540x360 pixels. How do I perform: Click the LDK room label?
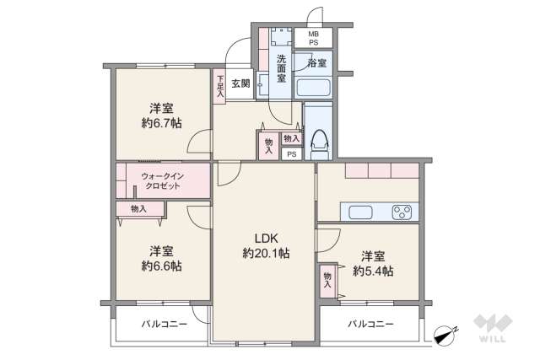click(x=266, y=238)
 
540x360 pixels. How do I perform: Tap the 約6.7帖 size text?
click(x=161, y=123)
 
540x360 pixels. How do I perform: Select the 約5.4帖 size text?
click(x=373, y=271)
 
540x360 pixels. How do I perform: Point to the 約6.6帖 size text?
click(x=161, y=266)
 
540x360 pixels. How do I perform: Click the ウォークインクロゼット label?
click(x=163, y=181)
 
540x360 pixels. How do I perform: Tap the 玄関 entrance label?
click(x=240, y=83)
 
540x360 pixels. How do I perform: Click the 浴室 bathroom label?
click(x=317, y=63)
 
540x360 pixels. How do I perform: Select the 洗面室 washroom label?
click(x=282, y=67)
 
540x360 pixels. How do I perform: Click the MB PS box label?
click(x=313, y=38)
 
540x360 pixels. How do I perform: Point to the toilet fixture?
click(x=319, y=144)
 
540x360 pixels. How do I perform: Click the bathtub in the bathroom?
click(x=314, y=88)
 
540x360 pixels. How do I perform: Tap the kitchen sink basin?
click(x=360, y=212)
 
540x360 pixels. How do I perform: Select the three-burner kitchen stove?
click(x=402, y=212)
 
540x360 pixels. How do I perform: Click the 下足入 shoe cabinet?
click(x=219, y=86)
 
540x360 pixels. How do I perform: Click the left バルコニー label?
click(x=165, y=324)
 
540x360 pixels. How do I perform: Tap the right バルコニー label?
click(x=370, y=324)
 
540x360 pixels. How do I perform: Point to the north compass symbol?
click(x=445, y=335)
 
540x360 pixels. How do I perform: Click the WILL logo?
click(x=493, y=328)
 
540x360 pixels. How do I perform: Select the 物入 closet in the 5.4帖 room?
click(x=327, y=281)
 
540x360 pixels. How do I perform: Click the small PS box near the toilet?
click(x=291, y=154)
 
